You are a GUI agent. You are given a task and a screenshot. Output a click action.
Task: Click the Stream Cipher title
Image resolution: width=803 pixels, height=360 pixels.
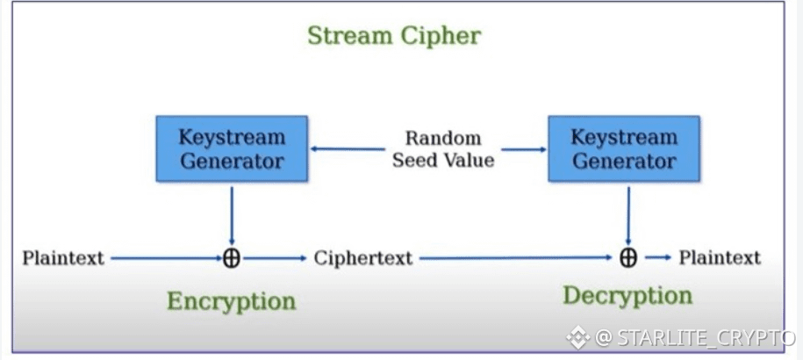tap(394, 36)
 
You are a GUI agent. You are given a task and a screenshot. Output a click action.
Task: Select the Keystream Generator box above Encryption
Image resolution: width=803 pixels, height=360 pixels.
tap(232, 148)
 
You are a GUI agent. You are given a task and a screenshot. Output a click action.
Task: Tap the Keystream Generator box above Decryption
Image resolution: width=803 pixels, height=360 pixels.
tap(624, 148)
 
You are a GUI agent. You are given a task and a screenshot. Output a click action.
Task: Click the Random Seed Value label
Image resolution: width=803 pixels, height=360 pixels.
tap(443, 149)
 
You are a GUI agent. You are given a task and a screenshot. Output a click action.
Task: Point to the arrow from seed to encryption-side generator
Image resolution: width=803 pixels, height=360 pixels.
tap(348, 149)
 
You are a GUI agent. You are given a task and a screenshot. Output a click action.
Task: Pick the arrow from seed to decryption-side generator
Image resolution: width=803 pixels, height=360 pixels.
tap(524, 149)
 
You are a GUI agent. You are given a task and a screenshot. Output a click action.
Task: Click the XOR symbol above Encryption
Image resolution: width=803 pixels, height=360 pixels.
tap(232, 258)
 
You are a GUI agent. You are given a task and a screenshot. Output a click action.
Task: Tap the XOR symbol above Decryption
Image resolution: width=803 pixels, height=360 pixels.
tap(627, 257)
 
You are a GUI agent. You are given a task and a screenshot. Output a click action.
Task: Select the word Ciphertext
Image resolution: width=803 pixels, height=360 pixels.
tap(363, 258)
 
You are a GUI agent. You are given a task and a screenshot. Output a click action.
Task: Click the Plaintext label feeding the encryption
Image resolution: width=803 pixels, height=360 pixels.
tap(63, 258)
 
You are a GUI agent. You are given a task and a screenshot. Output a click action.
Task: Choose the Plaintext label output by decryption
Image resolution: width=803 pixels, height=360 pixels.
tap(720, 257)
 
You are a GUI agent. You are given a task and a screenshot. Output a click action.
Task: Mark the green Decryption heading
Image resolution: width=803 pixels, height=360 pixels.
tap(627, 296)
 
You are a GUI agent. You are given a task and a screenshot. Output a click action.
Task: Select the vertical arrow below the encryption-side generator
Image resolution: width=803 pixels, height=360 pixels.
tap(232, 216)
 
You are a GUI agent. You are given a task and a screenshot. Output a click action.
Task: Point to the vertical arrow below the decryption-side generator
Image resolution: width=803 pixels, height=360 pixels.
tap(627, 216)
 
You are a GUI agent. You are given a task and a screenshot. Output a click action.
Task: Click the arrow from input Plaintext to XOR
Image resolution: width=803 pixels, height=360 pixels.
tap(167, 259)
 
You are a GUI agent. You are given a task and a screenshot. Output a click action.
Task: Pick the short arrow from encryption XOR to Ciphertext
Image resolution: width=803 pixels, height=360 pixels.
tap(275, 259)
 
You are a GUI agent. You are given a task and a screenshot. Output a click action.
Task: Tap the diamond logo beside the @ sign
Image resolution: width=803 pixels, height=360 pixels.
tap(577, 337)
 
